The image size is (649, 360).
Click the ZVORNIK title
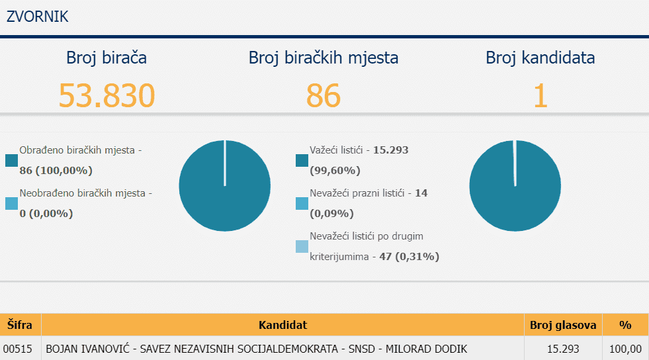click(38, 17)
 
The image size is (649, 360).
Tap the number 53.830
click(107, 95)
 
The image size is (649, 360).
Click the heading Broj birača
click(107, 58)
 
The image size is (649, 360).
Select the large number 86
click(323, 95)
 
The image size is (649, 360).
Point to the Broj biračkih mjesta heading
click(324, 58)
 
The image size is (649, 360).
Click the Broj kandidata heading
click(540, 58)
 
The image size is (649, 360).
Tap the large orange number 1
click(541, 95)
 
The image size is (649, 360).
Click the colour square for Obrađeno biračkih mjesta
click(11, 161)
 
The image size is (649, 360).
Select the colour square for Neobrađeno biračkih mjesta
click(11, 204)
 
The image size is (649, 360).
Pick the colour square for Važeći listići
click(302, 161)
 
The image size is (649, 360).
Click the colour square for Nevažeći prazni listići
click(302, 204)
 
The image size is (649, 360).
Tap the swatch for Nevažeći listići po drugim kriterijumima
click(302, 247)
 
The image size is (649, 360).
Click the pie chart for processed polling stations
click(225, 186)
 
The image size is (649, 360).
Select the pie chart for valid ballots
click(515, 186)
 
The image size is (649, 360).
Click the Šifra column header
click(20, 325)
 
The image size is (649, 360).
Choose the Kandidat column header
click(282, 325)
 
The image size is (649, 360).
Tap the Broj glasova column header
click(563, 325)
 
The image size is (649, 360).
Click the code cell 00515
click(18, 349)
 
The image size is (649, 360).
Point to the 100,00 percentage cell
click(625, 349)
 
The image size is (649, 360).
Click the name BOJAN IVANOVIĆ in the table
click(88, 349)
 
